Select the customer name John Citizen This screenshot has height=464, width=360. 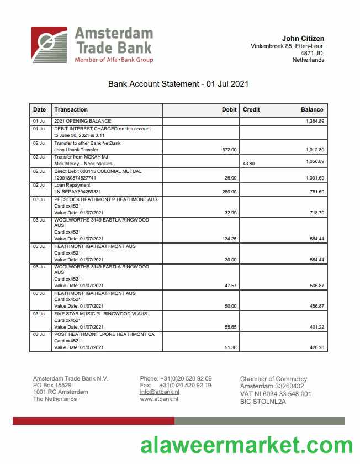click(x=303, y=38)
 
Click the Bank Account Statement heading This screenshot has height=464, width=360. click(x=178, y=84)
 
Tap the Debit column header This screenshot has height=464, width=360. click(x=229, y=109)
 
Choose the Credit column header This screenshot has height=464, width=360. click(x=251, y=109)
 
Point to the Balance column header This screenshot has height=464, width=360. click(x=312, y=109)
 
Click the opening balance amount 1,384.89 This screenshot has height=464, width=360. click(x=315, y=121)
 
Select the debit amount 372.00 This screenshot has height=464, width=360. click(x=229, y=150)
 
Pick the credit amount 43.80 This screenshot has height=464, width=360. click(x=248, y=164)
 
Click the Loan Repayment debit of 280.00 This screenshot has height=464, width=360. click(x=229, y=192)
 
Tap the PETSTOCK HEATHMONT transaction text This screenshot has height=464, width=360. click(x=105, y=199)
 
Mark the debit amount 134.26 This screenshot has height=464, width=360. click(x=229, y=239)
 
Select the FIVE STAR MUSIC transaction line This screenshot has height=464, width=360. click(x=100, y=314)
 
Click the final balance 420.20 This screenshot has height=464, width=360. click(x=316, y=347)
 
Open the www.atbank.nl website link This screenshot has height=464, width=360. click(x=159, y=399)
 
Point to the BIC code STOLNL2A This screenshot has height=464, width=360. click(x=263, y=402)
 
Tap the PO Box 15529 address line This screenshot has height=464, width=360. click(x=52, y=385)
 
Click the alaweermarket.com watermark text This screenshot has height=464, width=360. click(x=246, y=445)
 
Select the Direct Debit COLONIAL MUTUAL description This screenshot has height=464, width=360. click(x=98, y=171)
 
